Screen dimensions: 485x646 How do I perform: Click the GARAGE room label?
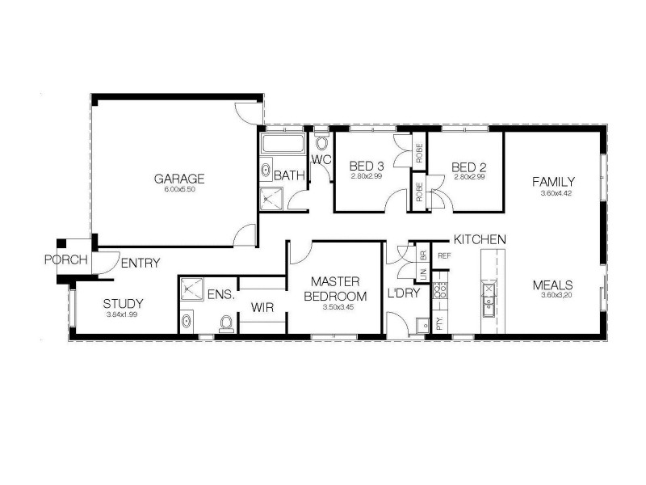179,179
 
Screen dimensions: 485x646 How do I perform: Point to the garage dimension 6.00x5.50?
179,189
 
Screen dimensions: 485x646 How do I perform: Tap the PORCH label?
61,260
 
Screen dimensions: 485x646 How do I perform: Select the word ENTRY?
140,263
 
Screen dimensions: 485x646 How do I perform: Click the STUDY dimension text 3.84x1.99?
122,314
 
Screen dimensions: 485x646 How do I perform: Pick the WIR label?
262,307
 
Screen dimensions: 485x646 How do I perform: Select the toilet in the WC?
322,145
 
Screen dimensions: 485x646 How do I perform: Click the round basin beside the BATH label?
265,171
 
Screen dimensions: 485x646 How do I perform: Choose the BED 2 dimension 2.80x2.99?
469,176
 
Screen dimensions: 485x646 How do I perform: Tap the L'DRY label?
404,293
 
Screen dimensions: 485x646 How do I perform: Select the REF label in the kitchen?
443,256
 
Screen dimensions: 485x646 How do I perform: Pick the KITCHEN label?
480,240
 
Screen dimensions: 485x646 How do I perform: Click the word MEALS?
552,285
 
